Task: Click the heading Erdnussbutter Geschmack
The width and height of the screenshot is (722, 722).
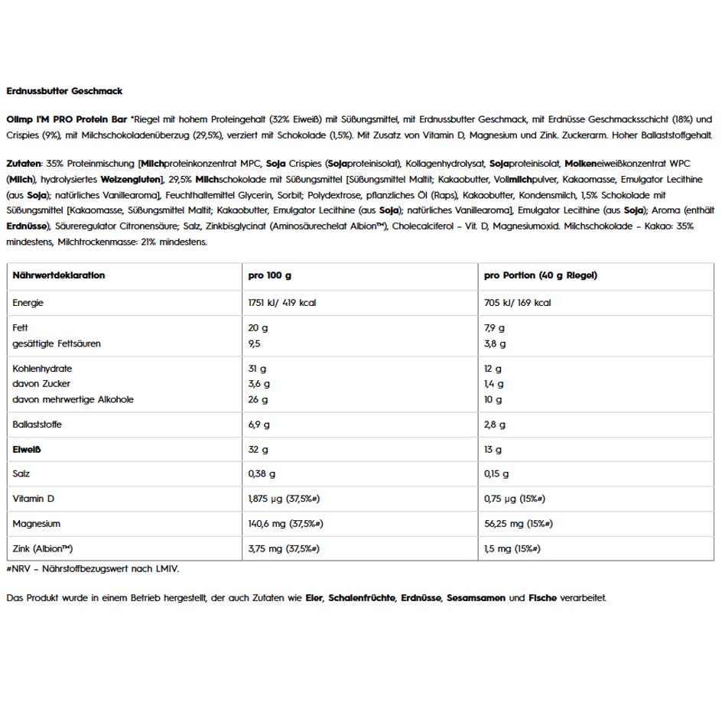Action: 64,91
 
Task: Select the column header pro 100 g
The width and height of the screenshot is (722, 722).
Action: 270,275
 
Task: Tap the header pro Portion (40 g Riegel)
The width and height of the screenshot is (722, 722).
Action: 540,275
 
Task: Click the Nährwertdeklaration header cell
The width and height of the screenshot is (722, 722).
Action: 59,275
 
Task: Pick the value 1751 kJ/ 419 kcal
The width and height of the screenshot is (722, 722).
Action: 282,303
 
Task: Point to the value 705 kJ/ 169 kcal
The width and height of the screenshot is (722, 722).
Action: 517,303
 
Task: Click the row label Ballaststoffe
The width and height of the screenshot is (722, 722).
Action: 37,424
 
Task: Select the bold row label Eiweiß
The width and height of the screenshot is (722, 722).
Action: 27,450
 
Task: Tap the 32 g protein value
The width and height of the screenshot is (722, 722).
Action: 259,450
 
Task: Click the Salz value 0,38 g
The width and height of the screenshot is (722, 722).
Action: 262,474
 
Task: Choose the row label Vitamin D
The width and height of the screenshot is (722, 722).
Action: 34,499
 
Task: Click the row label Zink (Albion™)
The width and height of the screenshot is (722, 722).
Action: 44,549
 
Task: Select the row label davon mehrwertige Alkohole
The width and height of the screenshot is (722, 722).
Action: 73,399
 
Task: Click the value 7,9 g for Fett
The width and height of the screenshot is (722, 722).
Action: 494,328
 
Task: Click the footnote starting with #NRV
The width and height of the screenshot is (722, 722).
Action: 93,568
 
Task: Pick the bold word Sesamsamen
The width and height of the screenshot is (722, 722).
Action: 476,598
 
